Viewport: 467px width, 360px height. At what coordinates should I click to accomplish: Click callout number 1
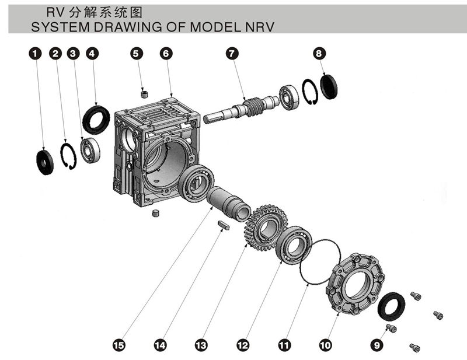click(x=36, y=54)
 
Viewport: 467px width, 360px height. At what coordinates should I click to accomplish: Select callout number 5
click(x=136, y=54)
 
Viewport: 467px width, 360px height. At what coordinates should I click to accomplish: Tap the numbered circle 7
click(x=232, y=54)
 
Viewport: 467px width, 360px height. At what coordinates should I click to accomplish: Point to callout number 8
click(x=319, y=54)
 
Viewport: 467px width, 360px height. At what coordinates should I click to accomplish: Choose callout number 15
click(x=119, y=345)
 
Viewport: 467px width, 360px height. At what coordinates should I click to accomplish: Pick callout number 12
click(x=241, y=345)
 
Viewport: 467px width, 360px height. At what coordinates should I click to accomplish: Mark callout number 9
click(x=378, y=345)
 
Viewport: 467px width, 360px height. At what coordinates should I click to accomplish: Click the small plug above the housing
click(x=145, y=93)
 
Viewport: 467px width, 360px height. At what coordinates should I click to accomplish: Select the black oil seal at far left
click(x=45, y=162)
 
